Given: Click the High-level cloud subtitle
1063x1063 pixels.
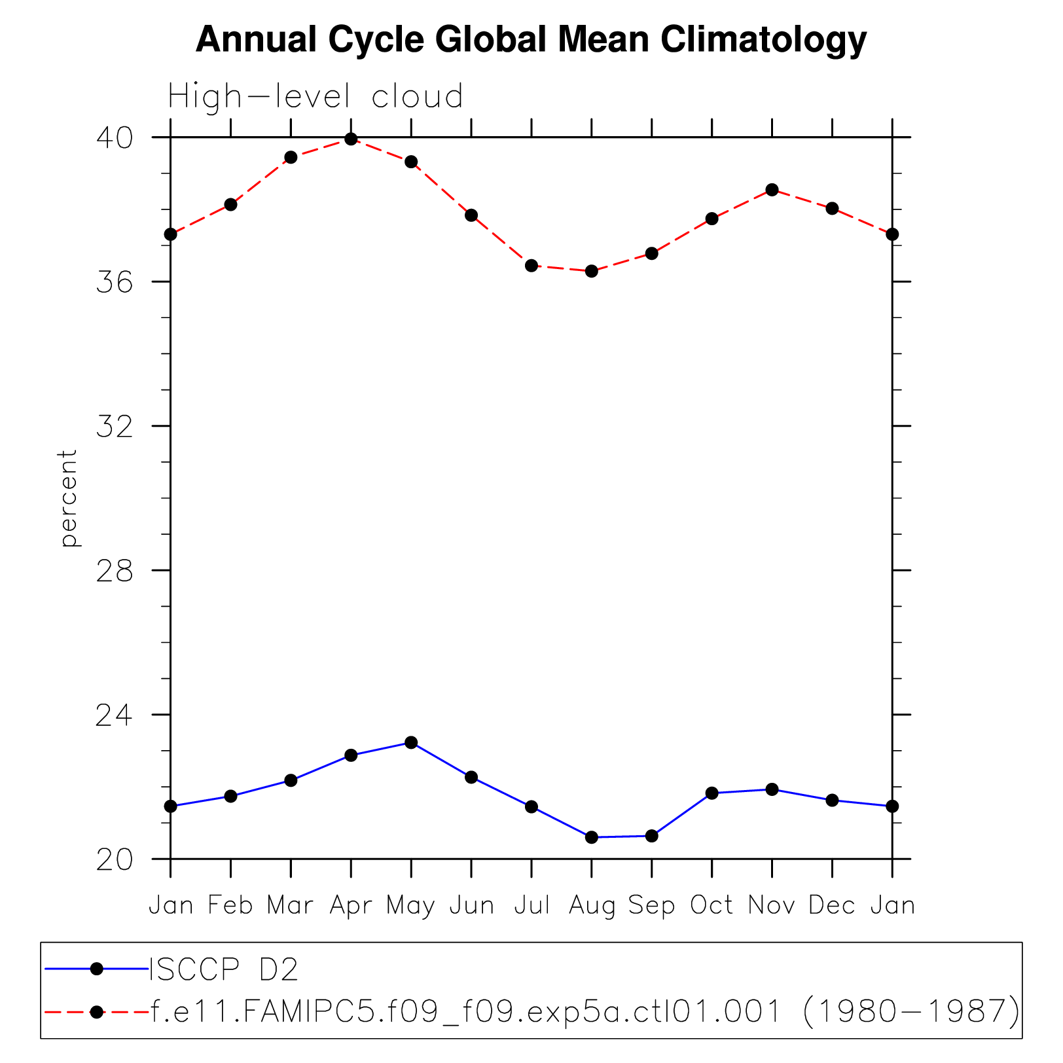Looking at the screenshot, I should (x=315, y=96).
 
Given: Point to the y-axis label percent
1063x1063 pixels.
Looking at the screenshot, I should (x=68, y=497).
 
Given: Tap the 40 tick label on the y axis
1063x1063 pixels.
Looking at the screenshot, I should (x=114, y=137).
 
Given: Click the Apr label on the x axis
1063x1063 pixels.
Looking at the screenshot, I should (x=351, y=906).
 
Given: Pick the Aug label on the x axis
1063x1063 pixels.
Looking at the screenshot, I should (x=592, y=906).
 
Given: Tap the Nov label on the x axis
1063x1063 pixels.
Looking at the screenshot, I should (x=772, y=906).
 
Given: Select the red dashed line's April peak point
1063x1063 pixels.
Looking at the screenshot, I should (x=351, y=139).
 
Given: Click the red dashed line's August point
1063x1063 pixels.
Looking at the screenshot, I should (x=592, y=271).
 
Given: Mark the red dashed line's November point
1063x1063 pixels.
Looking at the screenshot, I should (x=772, y=190).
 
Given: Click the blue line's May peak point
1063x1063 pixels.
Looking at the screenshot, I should (x=411, y=742).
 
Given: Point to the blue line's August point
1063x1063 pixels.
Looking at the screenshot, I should (x=592, y=837).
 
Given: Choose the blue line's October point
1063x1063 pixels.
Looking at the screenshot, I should (x=712, y=793).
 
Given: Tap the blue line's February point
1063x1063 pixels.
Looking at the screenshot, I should (x=230, y=796).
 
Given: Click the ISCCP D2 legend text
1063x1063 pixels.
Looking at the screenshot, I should (x=224, y=969).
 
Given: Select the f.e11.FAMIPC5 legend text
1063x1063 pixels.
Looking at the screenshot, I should (x=585, y=1012).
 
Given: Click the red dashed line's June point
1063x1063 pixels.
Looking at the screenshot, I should (x=471, y=215).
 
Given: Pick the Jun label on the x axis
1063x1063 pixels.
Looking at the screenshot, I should (x=471, y=906).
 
